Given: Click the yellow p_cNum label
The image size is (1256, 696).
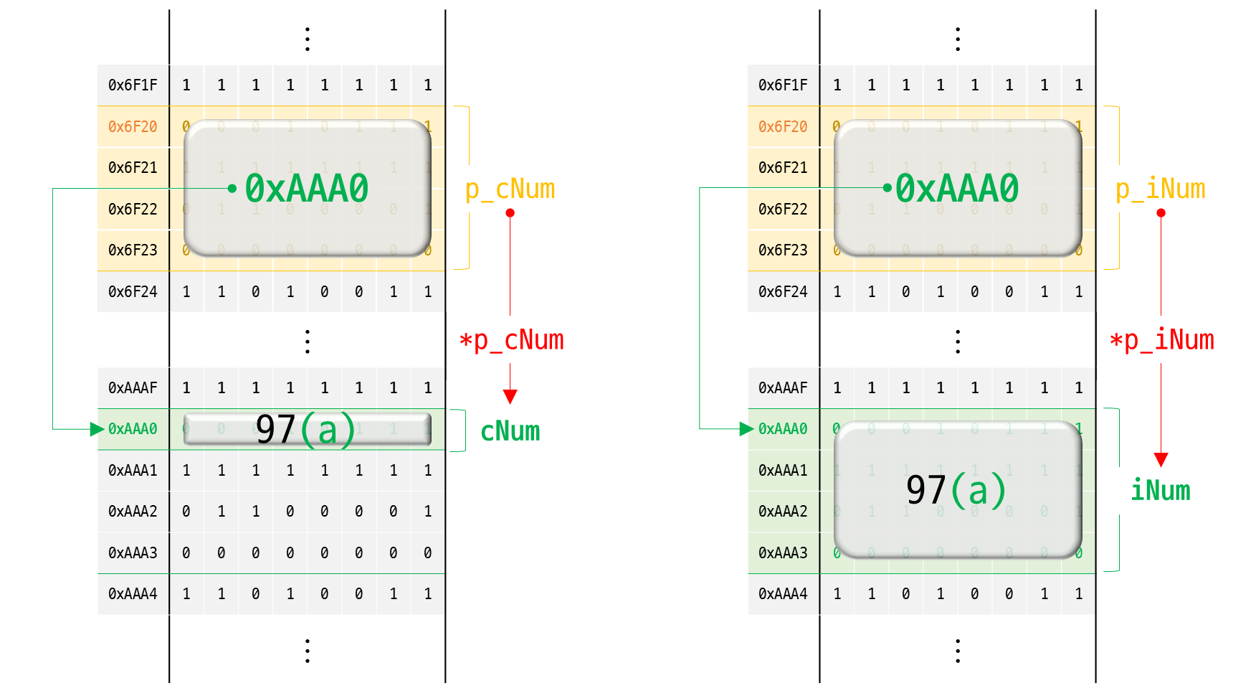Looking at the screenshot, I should click(510, 189).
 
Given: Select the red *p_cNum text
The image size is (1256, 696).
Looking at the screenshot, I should click(511, 340).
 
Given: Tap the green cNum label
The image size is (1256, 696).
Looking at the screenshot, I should click(510, 431).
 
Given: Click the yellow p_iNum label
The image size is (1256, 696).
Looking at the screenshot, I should click(1160, 189).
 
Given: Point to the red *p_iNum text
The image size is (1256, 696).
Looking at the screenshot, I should click(1161, 340).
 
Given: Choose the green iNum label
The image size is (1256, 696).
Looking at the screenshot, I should click(1160, 491).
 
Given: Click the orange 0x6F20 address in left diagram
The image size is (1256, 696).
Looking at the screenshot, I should click(133, 127).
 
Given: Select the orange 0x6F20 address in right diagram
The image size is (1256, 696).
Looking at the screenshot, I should click(783, 127).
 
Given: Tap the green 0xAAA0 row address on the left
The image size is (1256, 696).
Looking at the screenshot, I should click(133, 429).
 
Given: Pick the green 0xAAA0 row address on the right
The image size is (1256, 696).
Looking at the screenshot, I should click(783, 429).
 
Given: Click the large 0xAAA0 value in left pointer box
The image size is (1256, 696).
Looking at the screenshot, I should click(307, 189).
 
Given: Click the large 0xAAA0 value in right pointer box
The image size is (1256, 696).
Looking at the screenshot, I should click(957, 189).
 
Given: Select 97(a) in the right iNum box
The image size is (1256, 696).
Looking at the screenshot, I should click(956, 490).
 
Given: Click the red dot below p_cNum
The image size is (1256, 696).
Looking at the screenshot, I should click(510, 213).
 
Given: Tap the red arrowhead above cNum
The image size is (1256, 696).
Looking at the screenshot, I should click(510, 396).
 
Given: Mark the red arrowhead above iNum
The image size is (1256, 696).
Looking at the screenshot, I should click(1161, 459).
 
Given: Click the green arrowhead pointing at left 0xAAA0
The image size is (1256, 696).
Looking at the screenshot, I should click(97, 429).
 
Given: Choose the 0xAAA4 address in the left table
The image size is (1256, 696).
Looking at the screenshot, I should click(133, 594).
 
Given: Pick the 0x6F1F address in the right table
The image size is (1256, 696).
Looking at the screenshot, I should click(783, 85).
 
